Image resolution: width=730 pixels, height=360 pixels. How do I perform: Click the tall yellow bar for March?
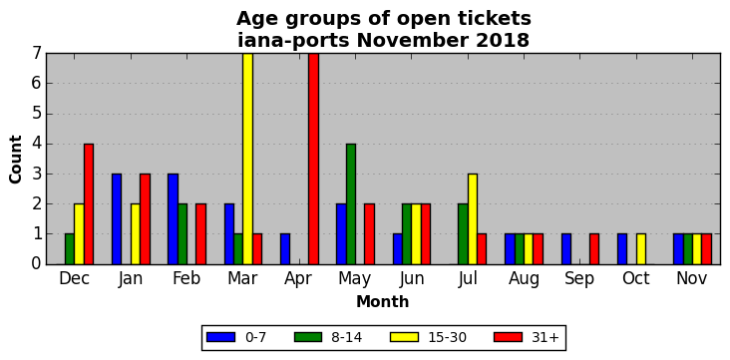pos(247,159)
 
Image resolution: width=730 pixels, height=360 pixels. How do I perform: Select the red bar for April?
pos(313,159)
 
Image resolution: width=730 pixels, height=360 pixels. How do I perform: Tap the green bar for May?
pos(351,204)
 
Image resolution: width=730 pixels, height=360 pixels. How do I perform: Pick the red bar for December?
pos(89,204)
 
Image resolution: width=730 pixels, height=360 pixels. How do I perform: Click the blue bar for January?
pos(117,218)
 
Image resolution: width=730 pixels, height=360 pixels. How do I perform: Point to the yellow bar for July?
pos(473,218)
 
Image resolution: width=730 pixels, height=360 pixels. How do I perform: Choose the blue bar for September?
pos(566,249)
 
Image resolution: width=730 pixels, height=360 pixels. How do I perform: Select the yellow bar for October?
pos(641,249)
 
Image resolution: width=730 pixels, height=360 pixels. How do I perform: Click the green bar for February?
pos(182,234)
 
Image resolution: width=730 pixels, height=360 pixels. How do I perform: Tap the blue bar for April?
pos(285,249)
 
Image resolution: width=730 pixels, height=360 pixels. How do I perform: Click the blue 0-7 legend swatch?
pos(219,337)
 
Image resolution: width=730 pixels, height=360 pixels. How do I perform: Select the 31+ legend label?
pos(545,337)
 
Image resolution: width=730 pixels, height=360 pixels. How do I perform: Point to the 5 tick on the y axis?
pos(37,114)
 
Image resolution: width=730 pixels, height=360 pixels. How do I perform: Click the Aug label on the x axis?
pos(525,278)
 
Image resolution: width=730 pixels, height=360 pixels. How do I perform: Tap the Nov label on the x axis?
pos(692,278)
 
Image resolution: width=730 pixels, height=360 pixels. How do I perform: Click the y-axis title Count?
pos(15,160)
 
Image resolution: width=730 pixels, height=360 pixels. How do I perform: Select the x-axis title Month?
pos(383,302)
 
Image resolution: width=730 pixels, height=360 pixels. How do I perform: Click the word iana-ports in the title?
pos(293,41)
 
